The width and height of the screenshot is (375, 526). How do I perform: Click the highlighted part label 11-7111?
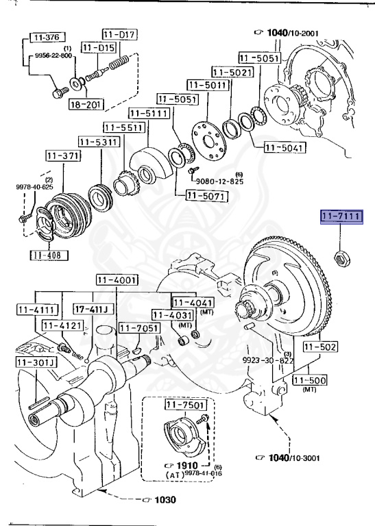[x=341, y=218]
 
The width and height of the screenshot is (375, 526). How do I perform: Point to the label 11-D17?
[x=120, y=34]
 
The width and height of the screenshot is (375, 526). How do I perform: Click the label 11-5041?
[x=284, y=147]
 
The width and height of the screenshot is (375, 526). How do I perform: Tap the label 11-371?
[x=62, y=156]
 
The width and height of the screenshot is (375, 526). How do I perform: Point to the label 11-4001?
[x=117, y=279]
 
